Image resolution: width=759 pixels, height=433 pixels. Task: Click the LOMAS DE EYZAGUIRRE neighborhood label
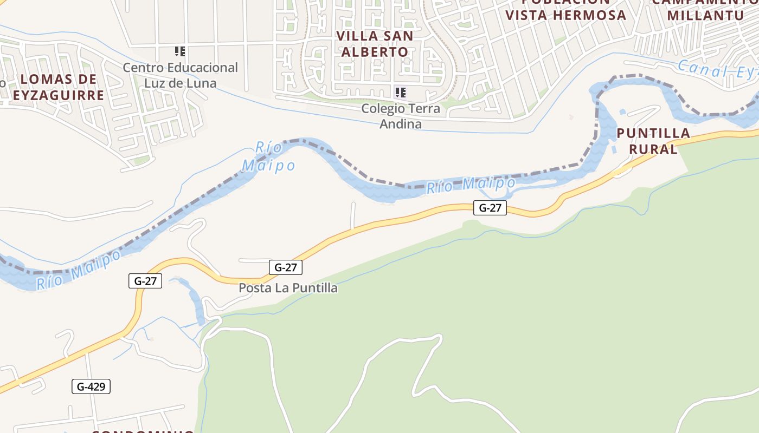click(x=58, y=87)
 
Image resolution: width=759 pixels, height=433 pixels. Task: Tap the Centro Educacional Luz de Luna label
click(x=180, y=75)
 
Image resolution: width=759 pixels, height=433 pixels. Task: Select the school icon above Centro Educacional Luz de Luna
click(x=180, y=51)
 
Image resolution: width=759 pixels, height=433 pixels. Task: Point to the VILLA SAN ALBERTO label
click(x=375, y=44)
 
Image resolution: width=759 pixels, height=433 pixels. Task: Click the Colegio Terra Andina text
click(x=401, y=116)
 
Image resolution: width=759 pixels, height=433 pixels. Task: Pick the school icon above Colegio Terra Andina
click(x=401, y=92)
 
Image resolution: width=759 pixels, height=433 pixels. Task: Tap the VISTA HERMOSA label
click(x=565, y=15)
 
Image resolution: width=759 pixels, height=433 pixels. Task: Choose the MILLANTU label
click(x=705, y=15)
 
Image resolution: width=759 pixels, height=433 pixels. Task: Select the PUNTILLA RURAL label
click(x=653, y=141)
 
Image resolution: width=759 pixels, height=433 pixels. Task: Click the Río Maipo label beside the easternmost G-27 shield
click(x=470, y=185)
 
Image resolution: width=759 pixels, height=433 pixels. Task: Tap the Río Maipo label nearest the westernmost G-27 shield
click(x=79, y=269)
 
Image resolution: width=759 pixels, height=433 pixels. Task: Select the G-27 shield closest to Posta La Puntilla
click(x=286, y=267)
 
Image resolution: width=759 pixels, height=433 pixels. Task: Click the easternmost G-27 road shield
click(x=490, y=207)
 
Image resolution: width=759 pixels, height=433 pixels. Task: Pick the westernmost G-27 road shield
click(x=145, y=281)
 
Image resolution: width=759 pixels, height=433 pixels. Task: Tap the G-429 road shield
click(x=91, y=386)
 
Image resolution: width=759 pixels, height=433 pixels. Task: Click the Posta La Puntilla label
click(x=288, y=288)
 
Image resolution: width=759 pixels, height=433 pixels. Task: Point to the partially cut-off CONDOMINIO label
click(x=143, y=431)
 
